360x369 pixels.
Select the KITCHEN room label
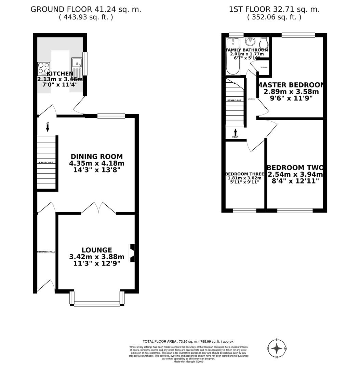pyautogui.click(x=60, y=73)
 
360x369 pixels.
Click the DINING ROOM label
pyautogui.click(x=96, y=156)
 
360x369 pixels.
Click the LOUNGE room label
pyautogui.click(x=96, y=250)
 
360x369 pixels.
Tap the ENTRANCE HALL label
pyautogui.click(x=46, y=252)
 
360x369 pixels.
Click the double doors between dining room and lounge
pyautogui.click(x=98, y=208)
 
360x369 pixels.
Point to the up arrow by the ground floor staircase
pyautogui.click(x=48, y=127)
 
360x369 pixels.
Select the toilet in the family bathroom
pyautogui.click(x=264, y=43)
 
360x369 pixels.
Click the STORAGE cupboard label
pyautogui.click(x=264, y=67)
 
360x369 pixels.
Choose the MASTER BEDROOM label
pyautogui.click(x=291, y=85)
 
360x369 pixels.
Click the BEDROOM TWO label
pyautogui.click(x=295, y=168)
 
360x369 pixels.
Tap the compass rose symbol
pyautogui.click(x=277, y=348)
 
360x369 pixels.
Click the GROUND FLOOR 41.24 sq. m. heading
pyautogui.click(x=86, y=9)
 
